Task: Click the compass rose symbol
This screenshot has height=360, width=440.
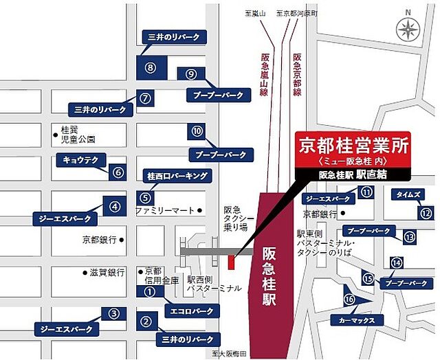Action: click(408, 30)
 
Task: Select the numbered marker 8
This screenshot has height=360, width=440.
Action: click(151, 66)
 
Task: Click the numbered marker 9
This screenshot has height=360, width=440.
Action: click(192, 74)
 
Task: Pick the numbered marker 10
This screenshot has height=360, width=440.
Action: click(198, 131)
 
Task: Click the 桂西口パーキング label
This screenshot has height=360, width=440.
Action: click(176, 176)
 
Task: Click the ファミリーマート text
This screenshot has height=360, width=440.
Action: click(166, 210)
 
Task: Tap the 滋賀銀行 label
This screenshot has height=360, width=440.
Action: click(107, 272)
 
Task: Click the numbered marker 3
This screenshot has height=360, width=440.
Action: click(113, 313)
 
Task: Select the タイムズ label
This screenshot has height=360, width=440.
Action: click(408, 194)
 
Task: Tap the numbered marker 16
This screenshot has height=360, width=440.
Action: click(349, 300)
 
